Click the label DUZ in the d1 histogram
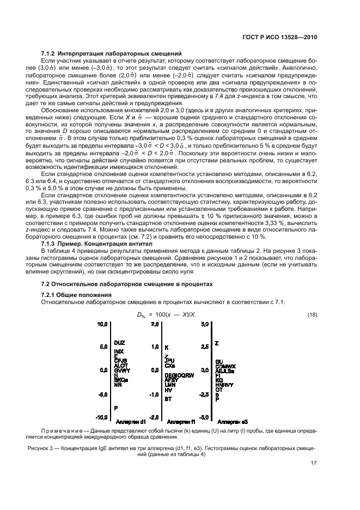119,342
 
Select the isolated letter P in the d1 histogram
116,408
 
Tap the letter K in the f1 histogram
167,347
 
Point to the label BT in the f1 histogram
169,399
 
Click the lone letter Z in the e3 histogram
217,344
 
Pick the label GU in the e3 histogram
219,362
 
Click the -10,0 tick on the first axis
102,417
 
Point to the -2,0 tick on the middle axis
154,417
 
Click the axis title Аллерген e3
233,422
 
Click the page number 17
314,465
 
